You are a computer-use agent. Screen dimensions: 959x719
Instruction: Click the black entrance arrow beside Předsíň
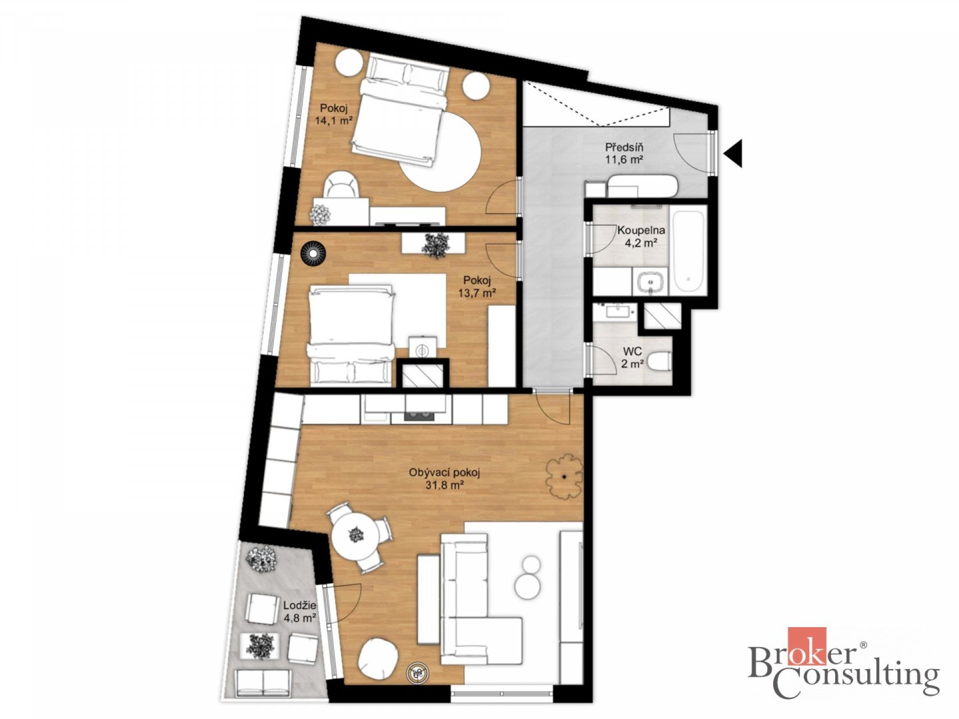click(x=733, y=152)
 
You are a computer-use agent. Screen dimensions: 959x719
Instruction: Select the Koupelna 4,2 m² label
click(x=641, y=237)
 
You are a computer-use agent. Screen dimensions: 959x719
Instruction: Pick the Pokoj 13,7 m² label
click(x=477, y=287)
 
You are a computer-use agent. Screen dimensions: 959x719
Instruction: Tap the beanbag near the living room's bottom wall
click(x=379, y=660)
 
